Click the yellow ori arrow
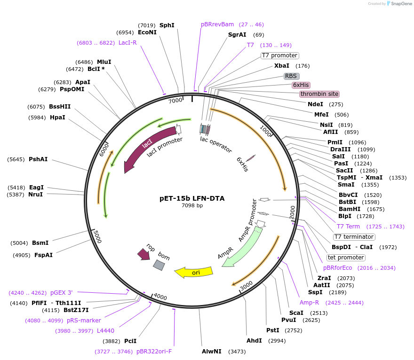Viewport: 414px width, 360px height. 193,272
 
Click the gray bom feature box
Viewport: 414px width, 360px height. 159,265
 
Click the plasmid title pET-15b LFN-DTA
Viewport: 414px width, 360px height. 192,198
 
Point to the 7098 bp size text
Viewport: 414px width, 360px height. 192,205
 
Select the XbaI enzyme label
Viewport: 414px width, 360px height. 282,65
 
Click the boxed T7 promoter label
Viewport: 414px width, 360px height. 279,55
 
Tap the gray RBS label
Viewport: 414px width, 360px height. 291,76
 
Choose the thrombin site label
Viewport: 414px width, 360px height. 319,94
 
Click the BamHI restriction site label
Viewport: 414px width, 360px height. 349,209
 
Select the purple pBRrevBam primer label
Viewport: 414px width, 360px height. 217,24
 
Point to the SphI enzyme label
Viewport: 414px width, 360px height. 167,25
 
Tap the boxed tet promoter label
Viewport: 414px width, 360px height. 346,258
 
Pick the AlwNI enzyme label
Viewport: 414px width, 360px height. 211,352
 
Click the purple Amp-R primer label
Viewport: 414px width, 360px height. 309,303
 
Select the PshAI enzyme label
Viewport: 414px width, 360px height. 38,159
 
